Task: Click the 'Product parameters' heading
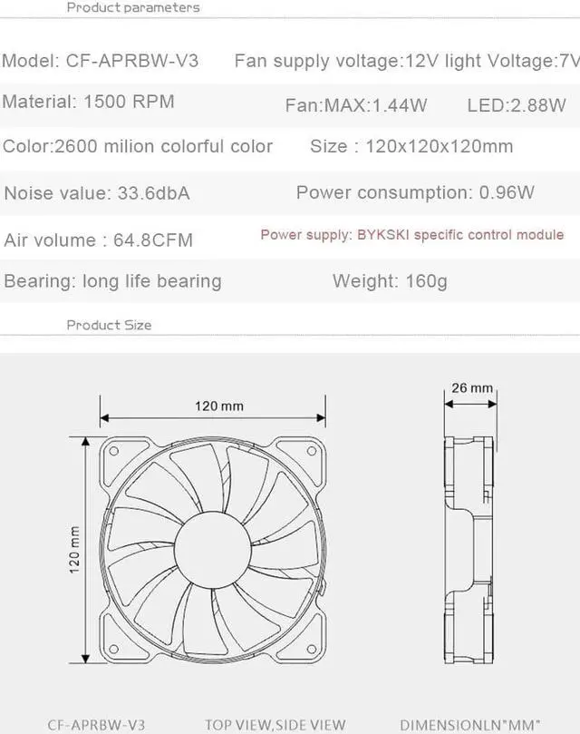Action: coord(133,7)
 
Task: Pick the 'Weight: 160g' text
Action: coord(390,280)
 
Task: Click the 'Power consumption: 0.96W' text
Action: coord(415,192)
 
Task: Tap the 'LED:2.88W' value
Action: coord(517,105)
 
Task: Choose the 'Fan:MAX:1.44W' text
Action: coord(356,105)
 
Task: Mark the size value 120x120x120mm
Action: coord(439,146)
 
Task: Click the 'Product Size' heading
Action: coord(109,325)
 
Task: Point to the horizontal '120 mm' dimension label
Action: coord(219,406)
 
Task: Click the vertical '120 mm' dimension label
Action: coord(74,549)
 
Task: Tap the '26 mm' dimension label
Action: coord(472,388)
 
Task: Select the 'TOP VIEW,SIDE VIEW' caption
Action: coord(275,724)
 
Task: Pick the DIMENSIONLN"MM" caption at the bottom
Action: coord(477,724)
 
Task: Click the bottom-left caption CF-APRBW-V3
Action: coord(95,724)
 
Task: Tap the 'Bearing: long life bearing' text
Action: coord(112,280)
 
